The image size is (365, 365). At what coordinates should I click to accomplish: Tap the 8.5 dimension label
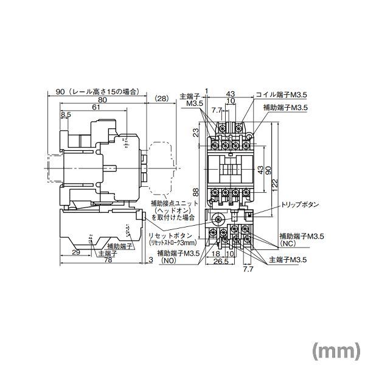(66, 114)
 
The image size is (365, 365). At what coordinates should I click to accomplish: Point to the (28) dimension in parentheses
(162, 99)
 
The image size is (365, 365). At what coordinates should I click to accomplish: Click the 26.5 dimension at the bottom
(221, 262)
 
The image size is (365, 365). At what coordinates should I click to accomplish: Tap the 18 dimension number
(216, 254)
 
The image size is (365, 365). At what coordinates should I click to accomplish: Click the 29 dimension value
(76, 252)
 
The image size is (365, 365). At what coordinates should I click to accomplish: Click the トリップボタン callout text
(300, 206)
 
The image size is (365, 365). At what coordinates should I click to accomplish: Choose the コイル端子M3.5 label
(281, 95)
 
